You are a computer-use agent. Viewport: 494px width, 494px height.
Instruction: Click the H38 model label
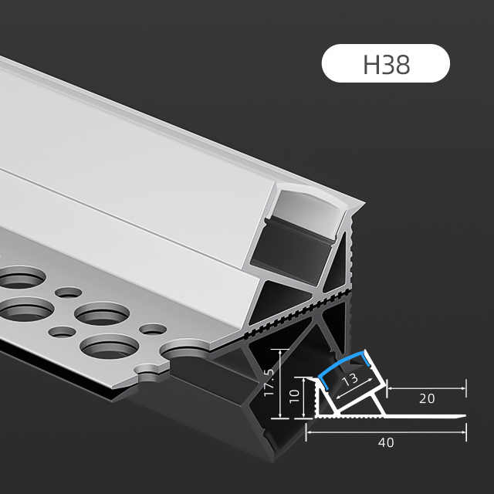[387, 65]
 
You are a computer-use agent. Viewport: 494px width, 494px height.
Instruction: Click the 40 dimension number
[386, 442]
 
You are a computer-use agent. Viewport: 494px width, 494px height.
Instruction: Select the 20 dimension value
[427, 398]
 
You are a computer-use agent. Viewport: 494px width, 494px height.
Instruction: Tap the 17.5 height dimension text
[269, 383]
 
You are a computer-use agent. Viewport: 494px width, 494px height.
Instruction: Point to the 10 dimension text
[294, 396]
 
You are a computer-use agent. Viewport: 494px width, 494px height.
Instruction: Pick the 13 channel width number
[350, 380]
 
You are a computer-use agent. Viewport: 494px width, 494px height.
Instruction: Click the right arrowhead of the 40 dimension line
[464, 432]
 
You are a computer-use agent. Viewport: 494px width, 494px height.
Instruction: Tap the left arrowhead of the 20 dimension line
[390, 388]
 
